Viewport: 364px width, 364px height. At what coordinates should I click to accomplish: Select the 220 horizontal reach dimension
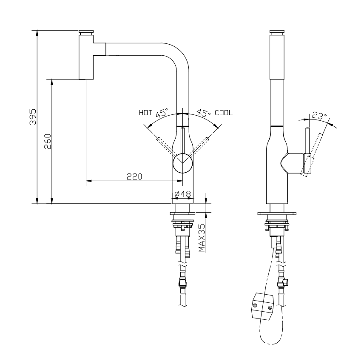point(134,176)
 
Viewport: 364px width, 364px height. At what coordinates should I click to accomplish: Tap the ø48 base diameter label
point(182,194)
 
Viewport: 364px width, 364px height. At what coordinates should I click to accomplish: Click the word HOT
point(145,113)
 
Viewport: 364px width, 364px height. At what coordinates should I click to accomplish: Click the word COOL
point(224,113)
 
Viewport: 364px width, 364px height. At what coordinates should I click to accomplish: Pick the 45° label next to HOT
point(161,114)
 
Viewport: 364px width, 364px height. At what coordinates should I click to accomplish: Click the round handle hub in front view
point(183,162)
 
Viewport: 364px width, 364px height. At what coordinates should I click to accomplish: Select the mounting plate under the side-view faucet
point(277,213)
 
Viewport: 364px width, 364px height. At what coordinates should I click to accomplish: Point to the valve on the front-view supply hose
point(182,282)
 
